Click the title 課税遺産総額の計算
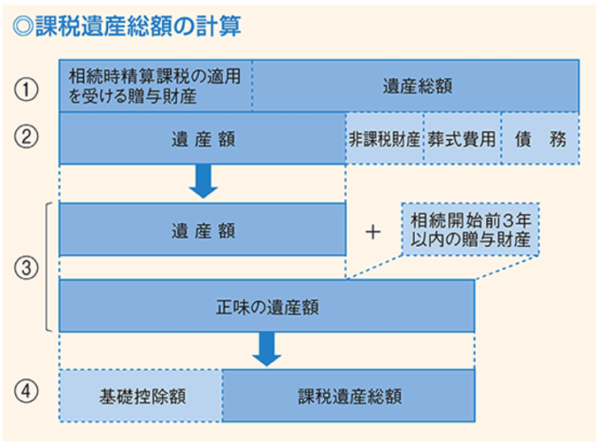[x=137, y=27]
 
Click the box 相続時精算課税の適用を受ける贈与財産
[x=155, y=87]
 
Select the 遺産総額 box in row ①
[x=417, y=87]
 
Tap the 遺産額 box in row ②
[x=202, y=138]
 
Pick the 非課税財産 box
[x=384, y=139]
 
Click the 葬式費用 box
[x=461, y=139]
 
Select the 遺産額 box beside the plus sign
[x=202, y=230]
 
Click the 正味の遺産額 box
[x=267, y=305]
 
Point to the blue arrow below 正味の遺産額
[x=267, y=348]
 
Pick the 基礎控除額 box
[x=141, y=396]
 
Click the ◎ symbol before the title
[x=22, y=27]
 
